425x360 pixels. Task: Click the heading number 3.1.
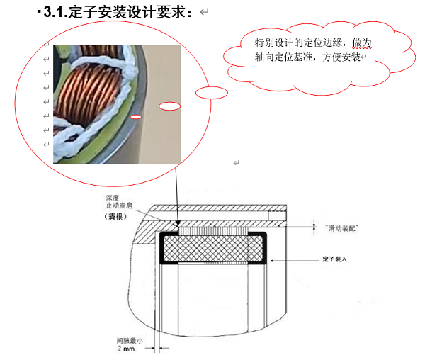55,12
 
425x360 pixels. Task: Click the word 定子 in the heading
82,12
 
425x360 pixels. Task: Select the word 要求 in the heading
170,12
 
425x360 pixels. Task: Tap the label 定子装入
335,259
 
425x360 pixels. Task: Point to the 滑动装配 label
341,228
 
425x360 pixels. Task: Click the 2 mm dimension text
126,349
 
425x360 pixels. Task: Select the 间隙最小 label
130,340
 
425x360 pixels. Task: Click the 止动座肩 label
119,206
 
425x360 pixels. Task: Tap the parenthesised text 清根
115,217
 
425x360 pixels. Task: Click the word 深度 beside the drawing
112,198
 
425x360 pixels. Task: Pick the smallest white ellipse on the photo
136,117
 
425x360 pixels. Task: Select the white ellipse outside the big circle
212,93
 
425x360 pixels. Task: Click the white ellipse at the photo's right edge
170,106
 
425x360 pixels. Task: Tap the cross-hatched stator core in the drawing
213,249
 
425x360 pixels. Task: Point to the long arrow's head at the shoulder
178,224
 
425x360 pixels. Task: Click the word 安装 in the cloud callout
351,57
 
